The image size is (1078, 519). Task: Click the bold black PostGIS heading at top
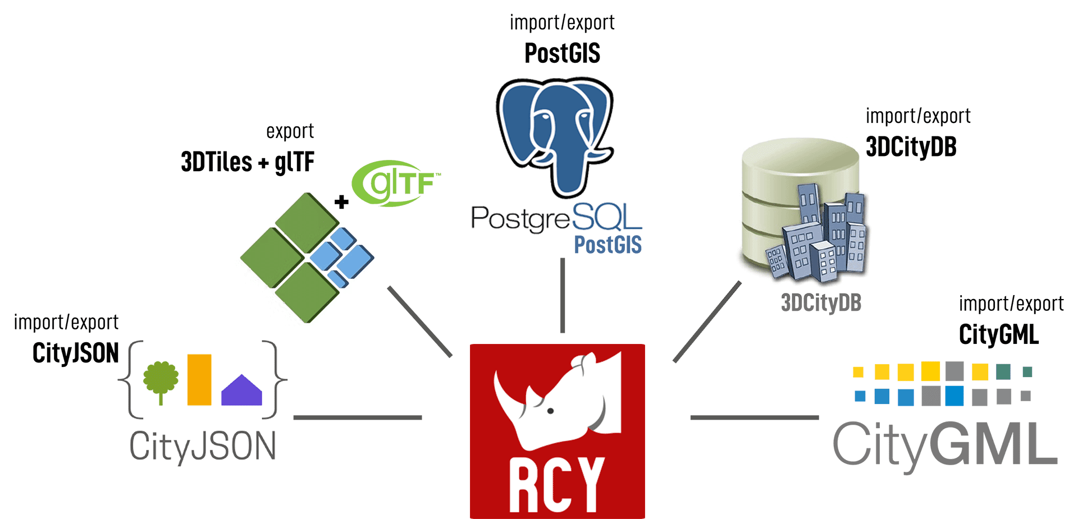[562, 53]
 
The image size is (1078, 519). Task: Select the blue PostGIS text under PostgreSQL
[607, 245]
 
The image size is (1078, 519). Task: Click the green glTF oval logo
[395, 183]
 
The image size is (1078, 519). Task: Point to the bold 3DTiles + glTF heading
[248, 162]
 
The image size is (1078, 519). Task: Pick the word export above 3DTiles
[290, 131]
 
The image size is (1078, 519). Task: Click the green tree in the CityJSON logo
[161, 379]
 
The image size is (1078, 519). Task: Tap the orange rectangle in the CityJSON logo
[199, 379]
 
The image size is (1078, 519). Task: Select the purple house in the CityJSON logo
[241, 391]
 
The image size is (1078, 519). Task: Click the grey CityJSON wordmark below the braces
[203, 447]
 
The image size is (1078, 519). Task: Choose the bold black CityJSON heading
[76, 353]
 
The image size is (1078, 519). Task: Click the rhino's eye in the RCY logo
[551, 411]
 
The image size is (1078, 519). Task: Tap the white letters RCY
[556, 484]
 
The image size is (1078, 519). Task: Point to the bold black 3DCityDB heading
[911, 147]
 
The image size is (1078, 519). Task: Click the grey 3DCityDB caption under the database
[821, 303]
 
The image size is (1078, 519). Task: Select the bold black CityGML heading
[998, 334]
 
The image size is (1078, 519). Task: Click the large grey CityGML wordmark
[945, 445]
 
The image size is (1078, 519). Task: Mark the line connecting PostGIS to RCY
[563, 295]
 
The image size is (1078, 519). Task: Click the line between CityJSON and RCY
[358, 417]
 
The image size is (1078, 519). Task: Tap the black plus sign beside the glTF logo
[341, 202]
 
